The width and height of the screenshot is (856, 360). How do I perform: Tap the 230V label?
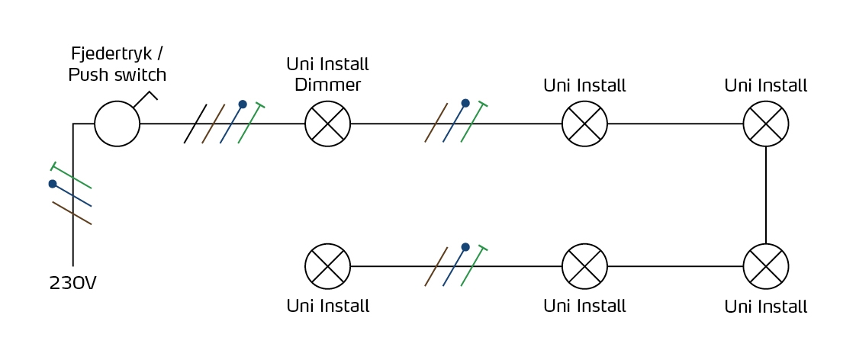tap(72, 284)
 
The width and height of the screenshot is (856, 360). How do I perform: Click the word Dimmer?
tap(327, 85)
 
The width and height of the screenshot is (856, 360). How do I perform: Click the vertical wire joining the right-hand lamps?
tap(766, 195)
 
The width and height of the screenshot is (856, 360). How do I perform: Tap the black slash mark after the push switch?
tap(195, 124)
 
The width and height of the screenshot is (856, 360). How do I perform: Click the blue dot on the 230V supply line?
tap(53, 184)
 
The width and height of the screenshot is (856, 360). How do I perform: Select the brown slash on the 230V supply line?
tap(72, 214)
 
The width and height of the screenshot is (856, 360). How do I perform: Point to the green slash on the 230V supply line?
tap(72, 176)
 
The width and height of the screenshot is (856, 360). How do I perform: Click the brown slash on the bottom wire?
tap(436, 266)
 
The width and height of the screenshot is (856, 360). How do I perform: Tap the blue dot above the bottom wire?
tap(465, 247)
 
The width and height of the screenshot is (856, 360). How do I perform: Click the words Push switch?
tap(117, 75)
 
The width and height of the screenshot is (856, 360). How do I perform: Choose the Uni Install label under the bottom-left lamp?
tap(327, 305)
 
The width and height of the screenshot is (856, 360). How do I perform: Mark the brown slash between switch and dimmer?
tap(214, 124)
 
